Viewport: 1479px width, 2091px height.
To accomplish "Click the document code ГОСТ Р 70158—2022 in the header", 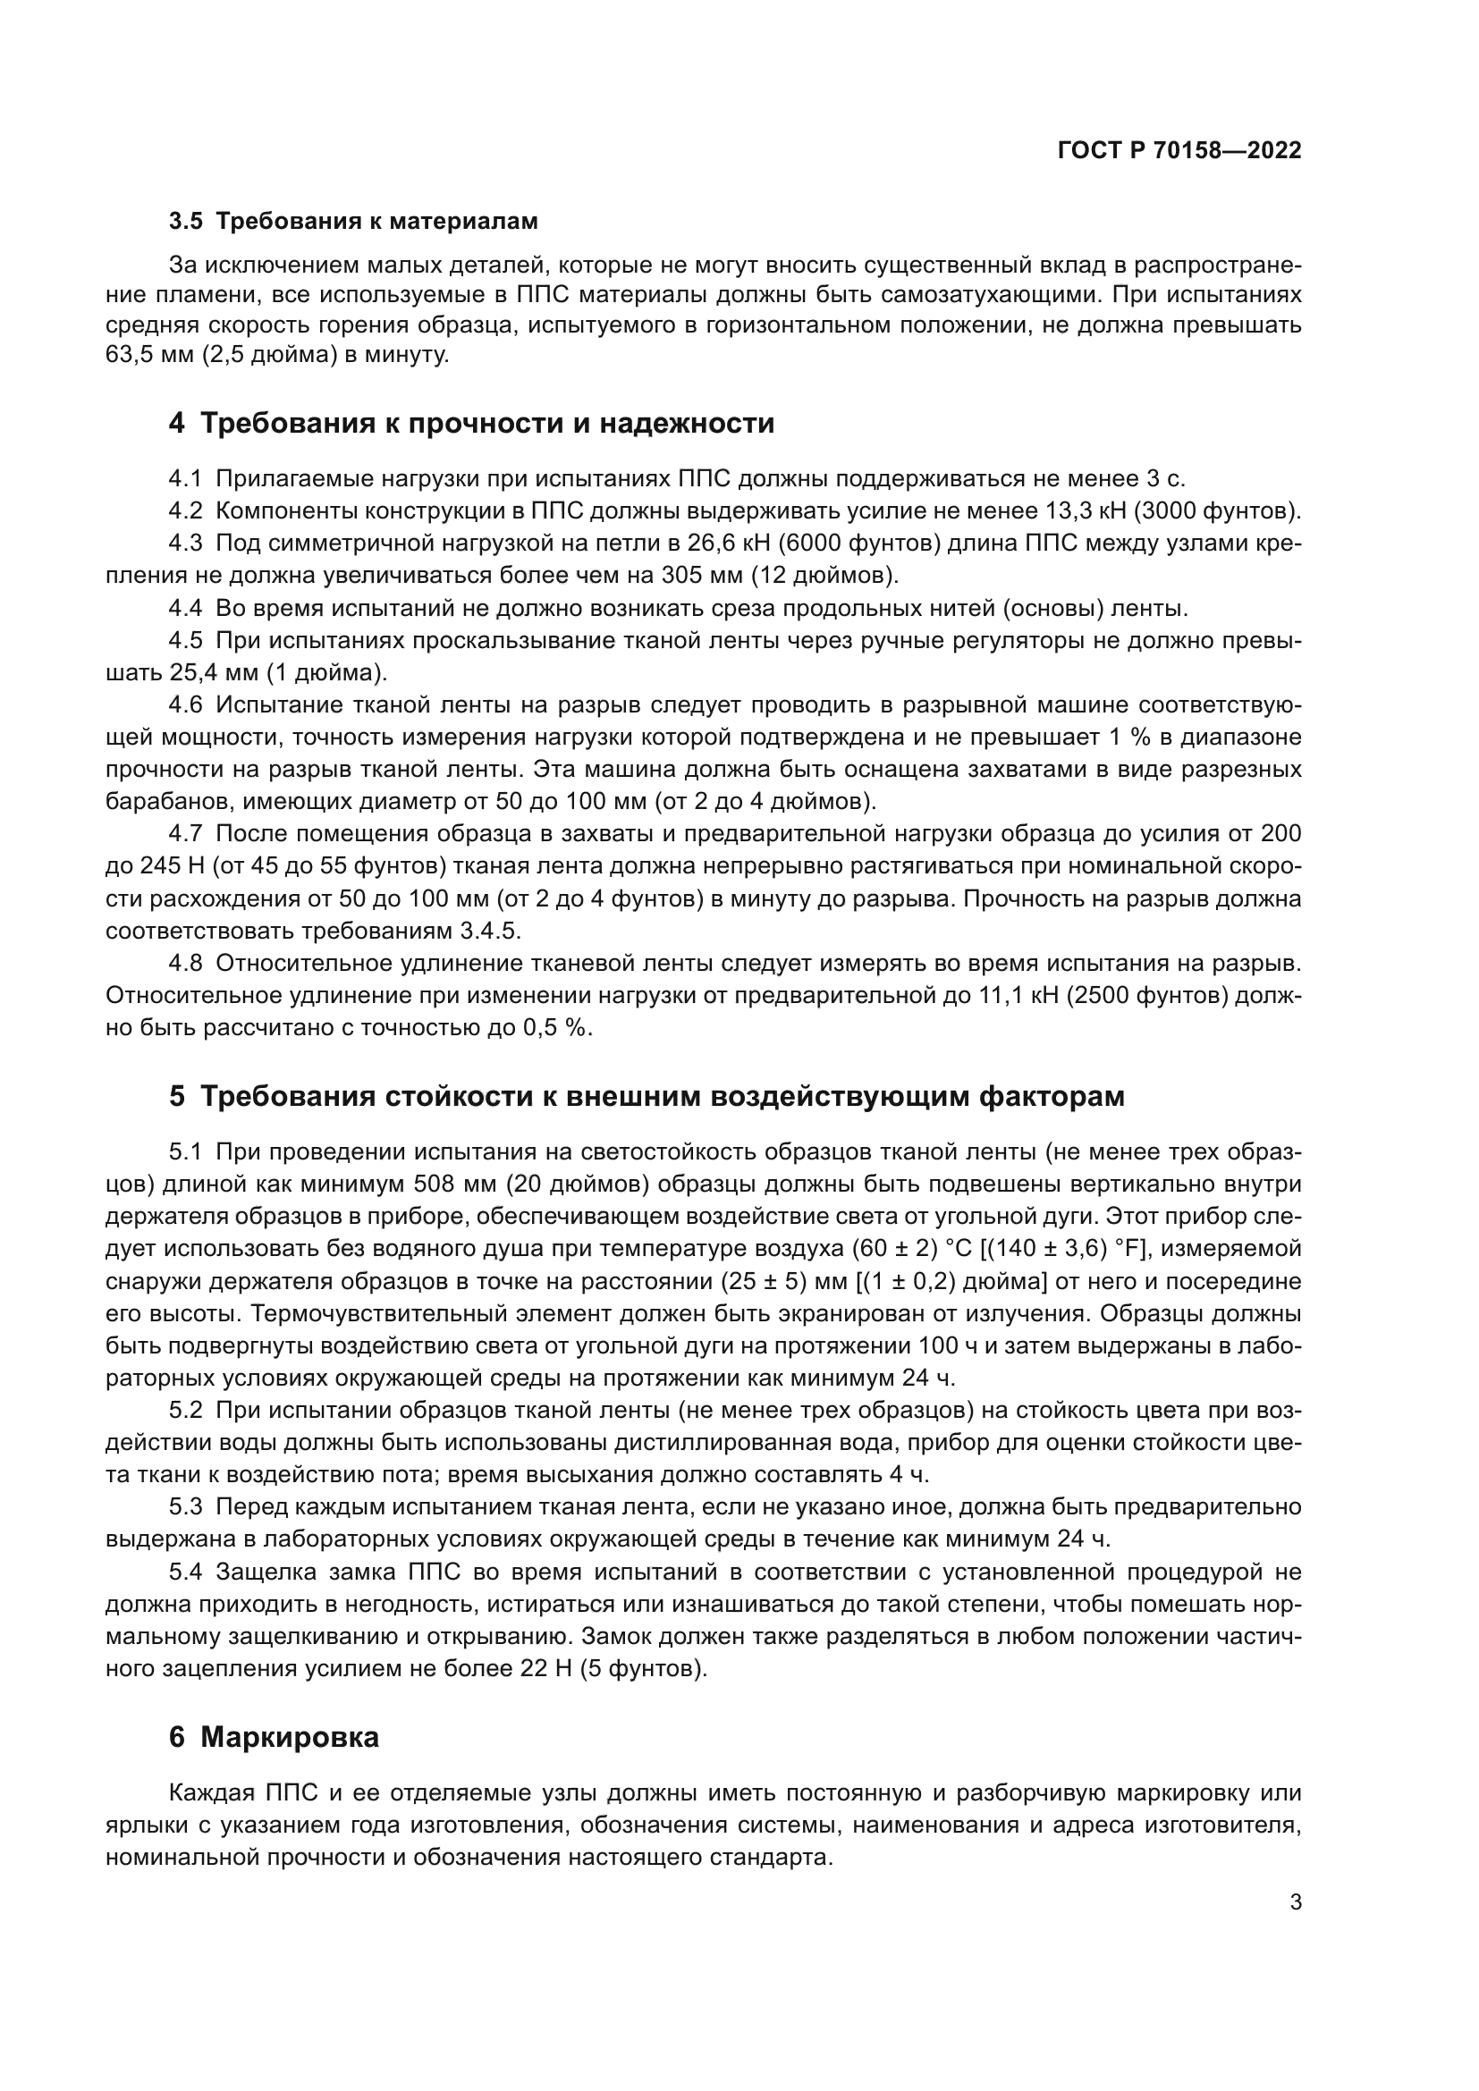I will click(1179, 151).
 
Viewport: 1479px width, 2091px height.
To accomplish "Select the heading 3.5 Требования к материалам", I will click(353, 222).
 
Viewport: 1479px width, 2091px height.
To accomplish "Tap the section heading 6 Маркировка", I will click(275, 1738).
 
